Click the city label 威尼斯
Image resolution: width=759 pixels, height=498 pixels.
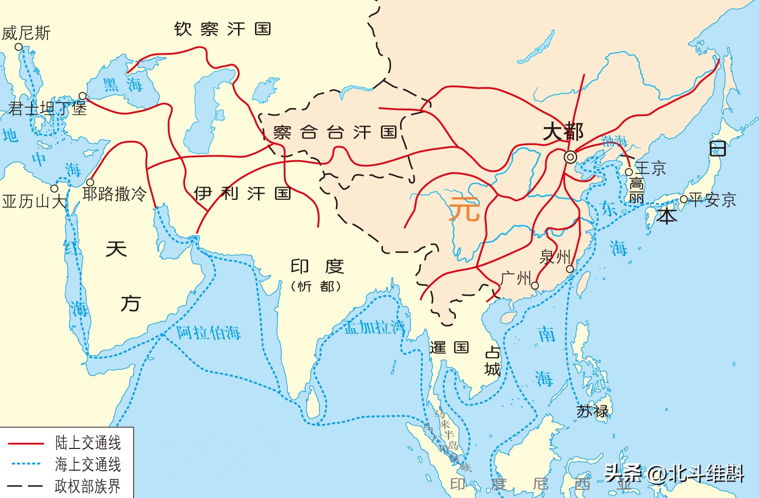click(x=26, y=34)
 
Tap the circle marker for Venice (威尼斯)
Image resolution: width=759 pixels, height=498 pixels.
click(x=18, y=47)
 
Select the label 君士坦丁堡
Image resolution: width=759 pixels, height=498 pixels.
click(x=47, y=108)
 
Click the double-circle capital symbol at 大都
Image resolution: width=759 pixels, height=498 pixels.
click(x=570, y=157)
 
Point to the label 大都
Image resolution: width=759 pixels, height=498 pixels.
click(x=563, y=132)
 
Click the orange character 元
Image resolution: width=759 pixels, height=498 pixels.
click(x=464, y=209)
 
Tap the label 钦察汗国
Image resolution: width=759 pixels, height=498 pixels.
click(x=222, y=29)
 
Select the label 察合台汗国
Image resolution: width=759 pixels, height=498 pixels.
click(x=335, y=133)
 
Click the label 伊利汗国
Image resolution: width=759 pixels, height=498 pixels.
click(x=242, y=193)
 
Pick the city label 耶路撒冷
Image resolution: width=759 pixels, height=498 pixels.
click(x=114, y=194)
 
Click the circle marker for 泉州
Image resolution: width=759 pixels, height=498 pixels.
click(x=570, y=269)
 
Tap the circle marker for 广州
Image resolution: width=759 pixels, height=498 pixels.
click(x=535, y=286)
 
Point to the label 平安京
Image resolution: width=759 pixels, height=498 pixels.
click(x=712, y=200)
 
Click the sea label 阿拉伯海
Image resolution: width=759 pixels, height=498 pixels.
click(x=208, y=333)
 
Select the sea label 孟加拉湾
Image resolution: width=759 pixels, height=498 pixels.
click(x=374, y=327)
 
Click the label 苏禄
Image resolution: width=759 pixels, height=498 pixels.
click(x=592, y=411)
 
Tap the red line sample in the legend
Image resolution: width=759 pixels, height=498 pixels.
click(x=26, y=443)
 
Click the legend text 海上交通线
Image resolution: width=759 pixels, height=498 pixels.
click(x=88, y=464)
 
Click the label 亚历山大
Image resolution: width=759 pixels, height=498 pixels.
click(x=33, y=201)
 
